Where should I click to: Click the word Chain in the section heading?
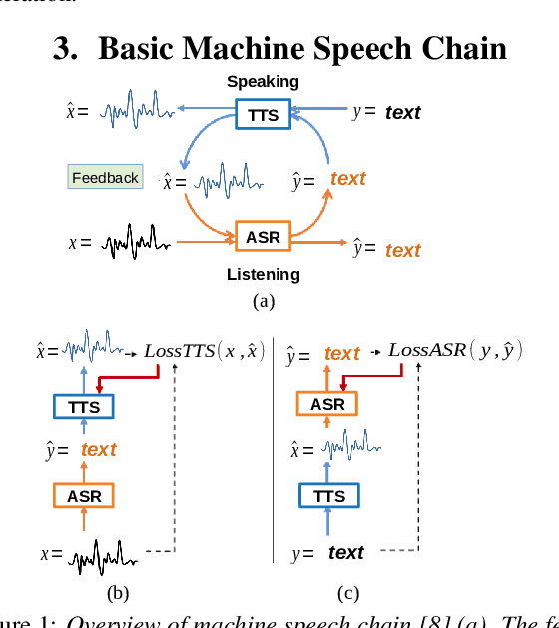(459, 49)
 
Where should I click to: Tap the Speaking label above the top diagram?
(263, 82)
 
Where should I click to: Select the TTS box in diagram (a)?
(264, 114)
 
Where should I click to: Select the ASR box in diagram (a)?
(263, 237)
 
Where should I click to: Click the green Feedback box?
(105, 178)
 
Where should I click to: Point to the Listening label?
(263, 274)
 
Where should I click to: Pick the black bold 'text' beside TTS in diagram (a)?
(402, 113)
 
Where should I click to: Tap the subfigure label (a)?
(263, 301)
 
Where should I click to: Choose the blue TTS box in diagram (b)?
(84, 406)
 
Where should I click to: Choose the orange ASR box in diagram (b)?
(84, 495)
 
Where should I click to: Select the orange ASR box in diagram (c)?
(327, 404)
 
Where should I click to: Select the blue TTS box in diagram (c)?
(327, 496)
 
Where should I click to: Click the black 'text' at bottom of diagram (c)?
(345, 553)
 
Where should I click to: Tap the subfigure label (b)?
(118, 594)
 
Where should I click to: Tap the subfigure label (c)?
(347, 594)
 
